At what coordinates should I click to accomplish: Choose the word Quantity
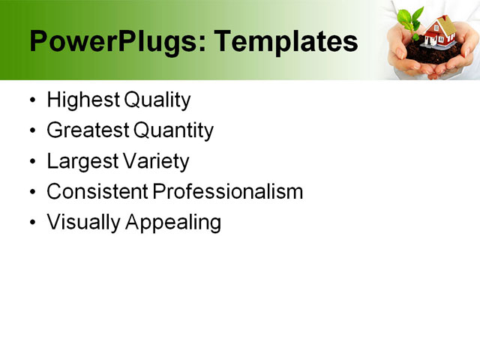[x=174, y=130]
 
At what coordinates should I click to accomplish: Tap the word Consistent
[x=97, y=191]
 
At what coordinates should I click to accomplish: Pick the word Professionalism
[x=228, y=191]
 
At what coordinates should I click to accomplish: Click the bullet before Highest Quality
[x=31, y=100]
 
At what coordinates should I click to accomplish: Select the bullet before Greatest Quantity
[x=31, y=131]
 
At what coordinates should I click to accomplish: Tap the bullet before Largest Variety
[x=31, y=162]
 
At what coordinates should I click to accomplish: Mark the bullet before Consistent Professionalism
[x=31, y=193]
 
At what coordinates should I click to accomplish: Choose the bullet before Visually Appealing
[x=31, y=223]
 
